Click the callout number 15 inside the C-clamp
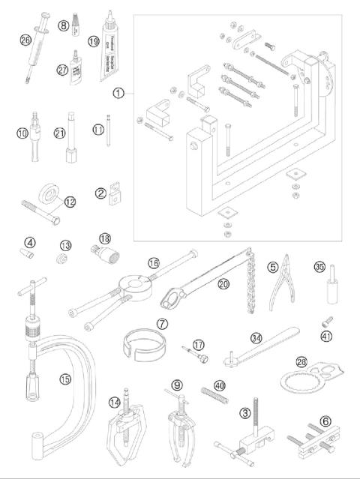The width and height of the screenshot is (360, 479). (x=66, y=380)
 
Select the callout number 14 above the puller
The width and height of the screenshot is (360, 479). (x=115, y=403)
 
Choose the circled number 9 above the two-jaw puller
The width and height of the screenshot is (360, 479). (x=177, y=385)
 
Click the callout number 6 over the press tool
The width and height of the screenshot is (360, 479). (x=324, y=421)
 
